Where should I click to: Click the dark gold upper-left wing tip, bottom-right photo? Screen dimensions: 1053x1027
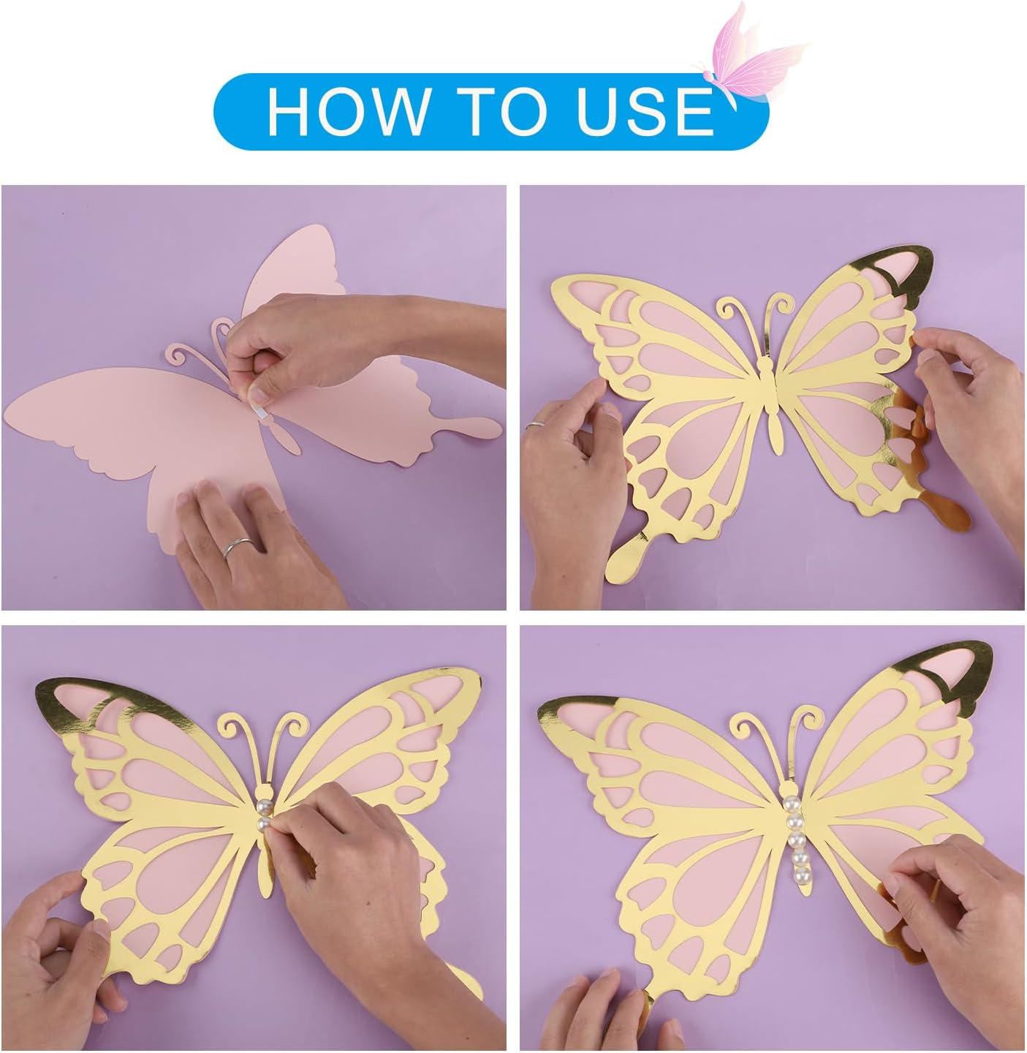click(577, 713)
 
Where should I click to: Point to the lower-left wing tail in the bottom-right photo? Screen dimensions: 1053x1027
click(647, 998)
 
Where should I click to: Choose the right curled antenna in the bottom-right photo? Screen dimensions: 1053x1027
click(804, 724)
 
